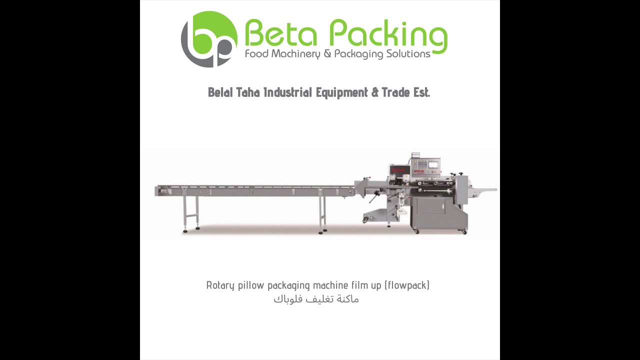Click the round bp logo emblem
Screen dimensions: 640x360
[209, 39]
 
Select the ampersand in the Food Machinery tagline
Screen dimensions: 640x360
[327, 53]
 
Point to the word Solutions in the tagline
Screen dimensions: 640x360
[408, 53]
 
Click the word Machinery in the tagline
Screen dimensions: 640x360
[295, 54]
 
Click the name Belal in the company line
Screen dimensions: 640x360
[220, 92]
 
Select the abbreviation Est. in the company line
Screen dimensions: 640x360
[421, 92]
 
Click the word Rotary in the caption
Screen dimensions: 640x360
[220, 285]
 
